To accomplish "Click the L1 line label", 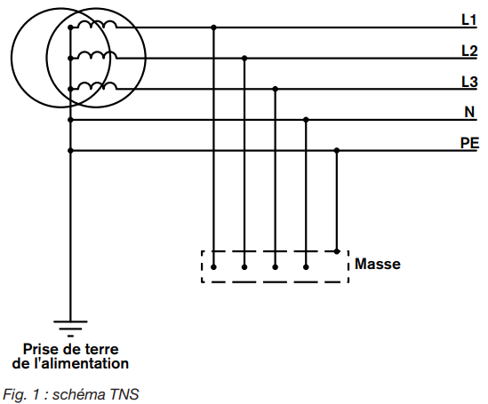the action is tap(468, 20).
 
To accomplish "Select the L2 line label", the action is tap(469, 51).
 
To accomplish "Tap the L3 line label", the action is tap(469, 82).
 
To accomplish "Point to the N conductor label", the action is tap(469, 112).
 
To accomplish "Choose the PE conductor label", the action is tap(469, 143).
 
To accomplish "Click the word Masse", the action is tap(378, 264).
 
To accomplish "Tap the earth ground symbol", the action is tap(70, 329).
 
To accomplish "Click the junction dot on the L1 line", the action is tap(213, 28).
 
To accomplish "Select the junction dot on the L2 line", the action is tap(244, 58).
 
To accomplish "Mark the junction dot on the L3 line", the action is tap(276, 89).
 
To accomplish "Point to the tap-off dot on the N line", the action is tap(306, 120).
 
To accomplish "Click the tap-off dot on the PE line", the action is tap(337, 150).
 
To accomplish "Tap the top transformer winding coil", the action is tap(97, 24).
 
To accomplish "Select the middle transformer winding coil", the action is tap(97, 55).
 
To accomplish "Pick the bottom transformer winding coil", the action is tap(97, 86).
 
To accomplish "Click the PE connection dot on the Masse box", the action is tap(337, 251).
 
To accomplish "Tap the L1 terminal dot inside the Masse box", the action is tap(213, 267).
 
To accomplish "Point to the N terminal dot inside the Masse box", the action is tap(306, 267).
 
